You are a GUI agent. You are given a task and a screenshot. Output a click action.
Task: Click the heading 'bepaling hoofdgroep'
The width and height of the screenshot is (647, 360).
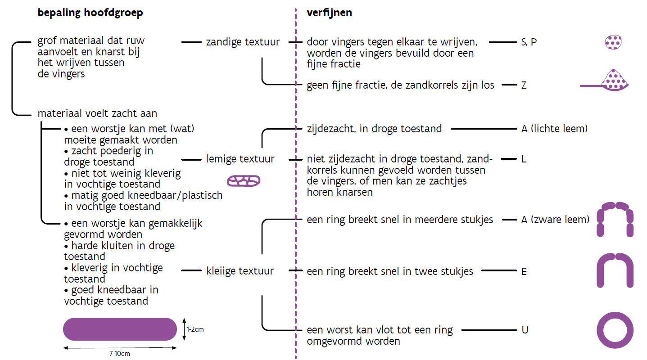coord(90,13)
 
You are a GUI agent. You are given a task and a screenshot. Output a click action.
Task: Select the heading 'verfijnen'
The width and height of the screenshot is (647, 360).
coord(329,13)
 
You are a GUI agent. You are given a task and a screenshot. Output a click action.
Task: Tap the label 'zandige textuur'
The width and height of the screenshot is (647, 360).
coord(243,42)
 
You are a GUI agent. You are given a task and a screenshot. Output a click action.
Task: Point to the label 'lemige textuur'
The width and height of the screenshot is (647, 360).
coord(240,159)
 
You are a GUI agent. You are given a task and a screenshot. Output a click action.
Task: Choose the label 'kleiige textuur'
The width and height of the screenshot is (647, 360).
coord(240,271)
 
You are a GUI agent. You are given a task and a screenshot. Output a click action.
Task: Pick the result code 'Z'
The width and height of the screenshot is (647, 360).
coord(524,85)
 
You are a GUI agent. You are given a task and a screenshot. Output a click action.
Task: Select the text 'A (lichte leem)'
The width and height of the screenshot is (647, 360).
coord(554,129)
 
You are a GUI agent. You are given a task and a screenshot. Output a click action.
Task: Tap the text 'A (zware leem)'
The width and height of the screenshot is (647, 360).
coord(555,220)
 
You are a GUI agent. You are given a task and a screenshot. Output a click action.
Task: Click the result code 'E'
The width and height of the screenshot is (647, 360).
coord(524,271)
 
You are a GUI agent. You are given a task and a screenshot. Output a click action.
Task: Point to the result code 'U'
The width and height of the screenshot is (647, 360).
coord(525,330)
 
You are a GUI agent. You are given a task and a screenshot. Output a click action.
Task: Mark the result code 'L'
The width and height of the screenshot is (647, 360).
coord(524,159)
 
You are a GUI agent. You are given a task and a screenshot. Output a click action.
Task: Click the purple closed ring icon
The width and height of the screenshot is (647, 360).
coord(615,330)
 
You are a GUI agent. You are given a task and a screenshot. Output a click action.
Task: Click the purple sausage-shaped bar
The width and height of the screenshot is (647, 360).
coord(120,329)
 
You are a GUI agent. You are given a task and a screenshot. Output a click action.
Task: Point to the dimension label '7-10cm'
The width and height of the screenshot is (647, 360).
coord(120,354)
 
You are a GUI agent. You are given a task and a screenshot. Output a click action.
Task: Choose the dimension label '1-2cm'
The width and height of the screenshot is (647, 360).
coord(195,329)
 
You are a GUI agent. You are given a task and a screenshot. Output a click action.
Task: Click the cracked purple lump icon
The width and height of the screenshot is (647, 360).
coord(244,181)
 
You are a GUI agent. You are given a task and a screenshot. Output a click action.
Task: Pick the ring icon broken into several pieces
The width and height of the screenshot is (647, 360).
coord(615,219)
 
